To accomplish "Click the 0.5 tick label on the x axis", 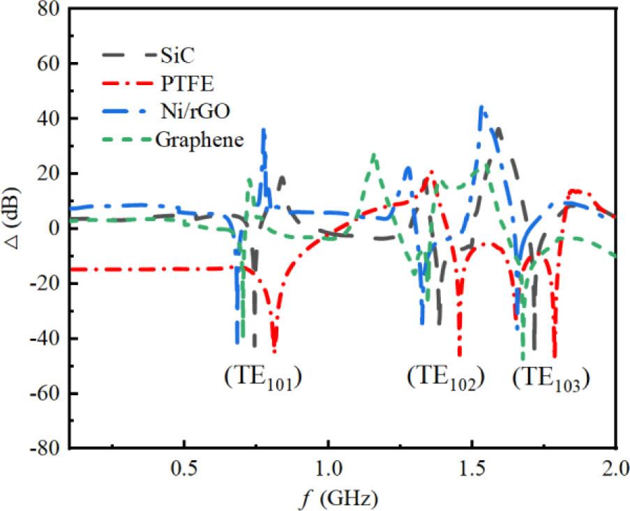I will coord(183,466).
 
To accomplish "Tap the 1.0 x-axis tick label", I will coord(328,466).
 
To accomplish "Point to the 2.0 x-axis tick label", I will coord(614,466).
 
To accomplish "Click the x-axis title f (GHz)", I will coord(336,497).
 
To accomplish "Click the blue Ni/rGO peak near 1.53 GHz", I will coord(481,107).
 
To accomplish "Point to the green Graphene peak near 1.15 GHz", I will coord(375,155).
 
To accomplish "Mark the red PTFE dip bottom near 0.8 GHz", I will coord(274,351).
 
